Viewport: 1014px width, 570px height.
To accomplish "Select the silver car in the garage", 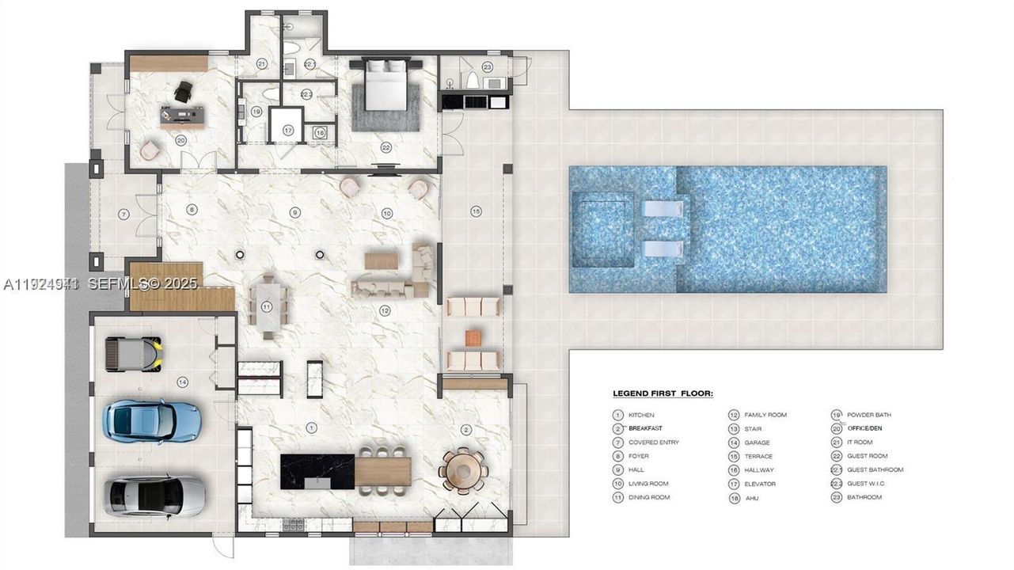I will click(156, 495).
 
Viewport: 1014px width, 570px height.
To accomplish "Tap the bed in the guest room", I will click(386, 85).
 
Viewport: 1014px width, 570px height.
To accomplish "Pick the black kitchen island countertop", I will click(317, 471).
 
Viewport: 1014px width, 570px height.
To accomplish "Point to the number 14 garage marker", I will click(183, 382).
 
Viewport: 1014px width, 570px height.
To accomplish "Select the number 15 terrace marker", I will click(476, 211).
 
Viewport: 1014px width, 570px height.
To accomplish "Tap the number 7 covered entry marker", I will click(123, 214).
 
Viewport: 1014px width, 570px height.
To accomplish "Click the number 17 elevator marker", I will click(288, 130).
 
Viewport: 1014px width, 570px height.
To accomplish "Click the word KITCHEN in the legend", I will click(641, 415).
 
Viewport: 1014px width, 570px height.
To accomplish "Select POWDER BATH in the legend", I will click(868, 415).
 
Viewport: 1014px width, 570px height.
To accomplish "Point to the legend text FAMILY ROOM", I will click(765, 415).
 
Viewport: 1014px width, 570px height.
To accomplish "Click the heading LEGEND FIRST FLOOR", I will click(663, 393).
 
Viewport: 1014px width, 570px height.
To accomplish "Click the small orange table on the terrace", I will click(473, 338).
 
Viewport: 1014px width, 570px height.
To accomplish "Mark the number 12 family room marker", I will click(385, 310).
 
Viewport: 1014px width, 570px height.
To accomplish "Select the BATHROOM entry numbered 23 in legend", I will click(864, 497).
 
